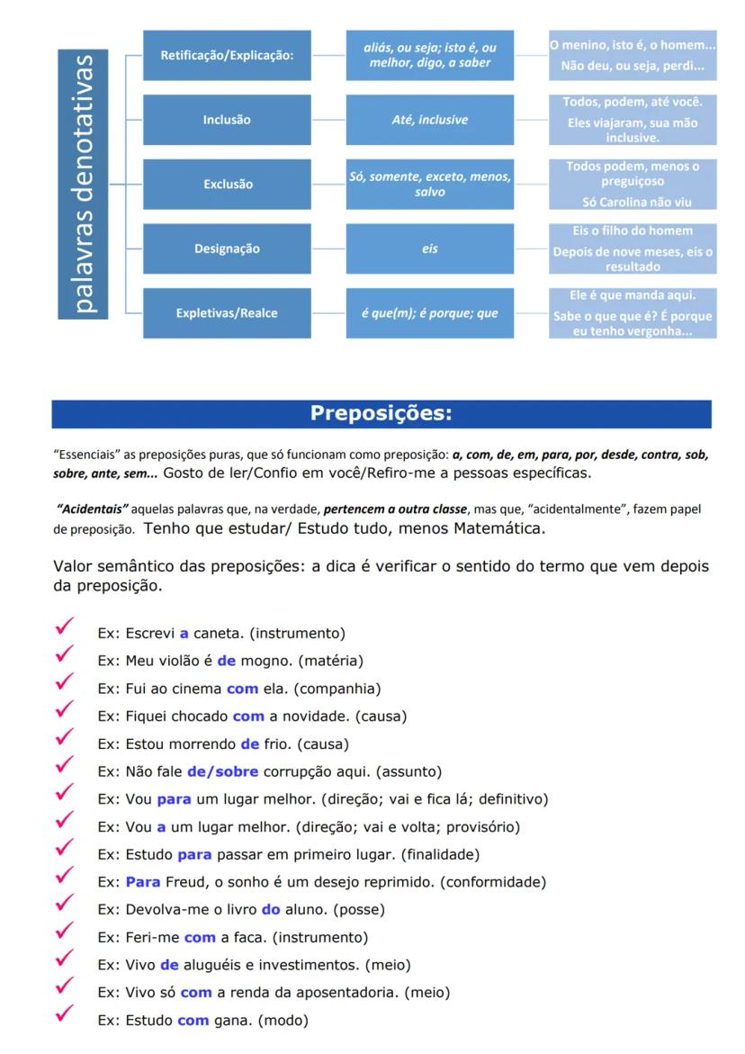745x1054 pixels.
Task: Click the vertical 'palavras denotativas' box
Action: (83, 184)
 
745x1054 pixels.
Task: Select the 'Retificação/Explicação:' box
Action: (227, 56)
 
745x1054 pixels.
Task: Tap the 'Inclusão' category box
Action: (227, 120)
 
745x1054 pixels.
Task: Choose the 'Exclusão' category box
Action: (227, 185)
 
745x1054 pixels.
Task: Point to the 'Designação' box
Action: (227, 249)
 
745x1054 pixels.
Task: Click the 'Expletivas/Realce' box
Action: (227, 313)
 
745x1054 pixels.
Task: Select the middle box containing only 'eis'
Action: (430, 249)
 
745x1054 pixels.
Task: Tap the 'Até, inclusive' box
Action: (430, 120)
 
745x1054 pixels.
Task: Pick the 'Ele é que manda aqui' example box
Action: (633, 295)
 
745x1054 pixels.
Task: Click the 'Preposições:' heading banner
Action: (381, 414)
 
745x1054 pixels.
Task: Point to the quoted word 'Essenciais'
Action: (83, 455)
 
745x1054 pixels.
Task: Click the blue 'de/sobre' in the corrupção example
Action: (222, 771)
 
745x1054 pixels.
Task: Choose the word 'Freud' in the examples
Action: (185, 882)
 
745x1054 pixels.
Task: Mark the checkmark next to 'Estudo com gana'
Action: (64, 1015)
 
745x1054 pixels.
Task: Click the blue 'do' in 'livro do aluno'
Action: (271, 910)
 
